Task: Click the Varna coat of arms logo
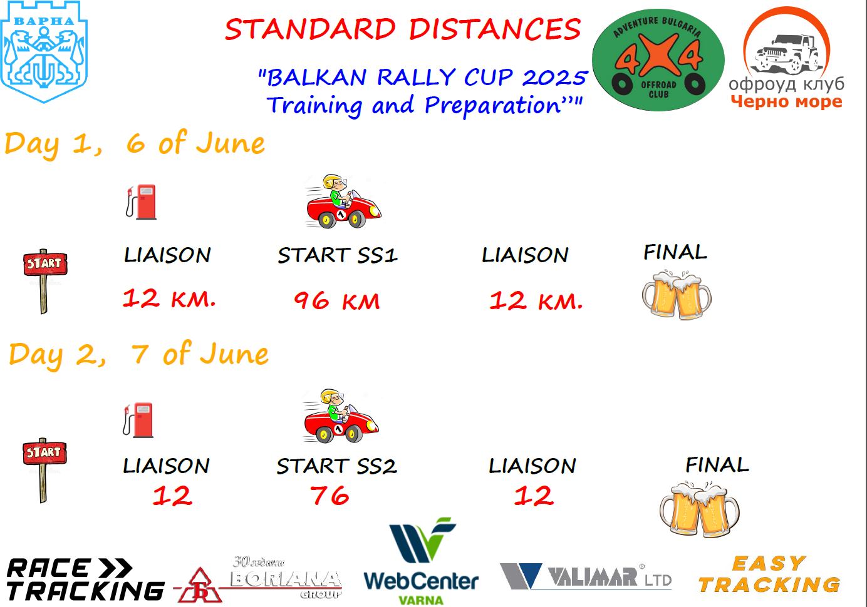point(44,52)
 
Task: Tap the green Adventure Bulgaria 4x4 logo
point(658,60)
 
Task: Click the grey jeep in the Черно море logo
point(787,54)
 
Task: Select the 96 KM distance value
point(337,301)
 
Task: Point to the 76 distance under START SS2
point(330,495)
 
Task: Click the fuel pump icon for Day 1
point(142,202)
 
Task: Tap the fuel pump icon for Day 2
point(138,421)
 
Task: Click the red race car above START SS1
point(343,201)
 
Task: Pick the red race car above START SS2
point(341,416)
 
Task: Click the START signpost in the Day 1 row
point(44,281)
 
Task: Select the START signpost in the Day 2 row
point(44,470)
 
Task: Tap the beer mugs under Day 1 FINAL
point(677,295)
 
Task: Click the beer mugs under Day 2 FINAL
point(699,509)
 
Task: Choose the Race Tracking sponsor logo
point(85,579)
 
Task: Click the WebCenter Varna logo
point(421,561)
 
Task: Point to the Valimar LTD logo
point(586,576)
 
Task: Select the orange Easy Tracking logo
point(769,574)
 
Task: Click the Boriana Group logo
point(259,580)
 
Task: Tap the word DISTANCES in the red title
point(496,29)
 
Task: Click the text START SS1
point(338,255)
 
